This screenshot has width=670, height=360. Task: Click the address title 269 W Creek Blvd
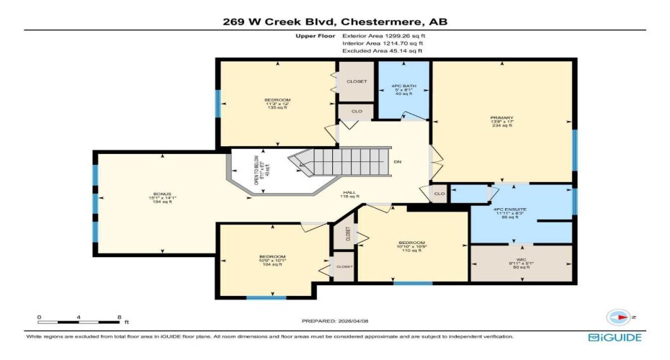pos(334,22)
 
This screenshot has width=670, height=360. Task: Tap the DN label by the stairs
pos(397,161)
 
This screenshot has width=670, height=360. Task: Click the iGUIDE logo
pos(615,337)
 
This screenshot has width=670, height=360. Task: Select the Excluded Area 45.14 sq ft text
pos(382,51)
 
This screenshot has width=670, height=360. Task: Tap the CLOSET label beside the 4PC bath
pos(357,81)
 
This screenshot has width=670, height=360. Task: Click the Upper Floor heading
pos(314,35)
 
